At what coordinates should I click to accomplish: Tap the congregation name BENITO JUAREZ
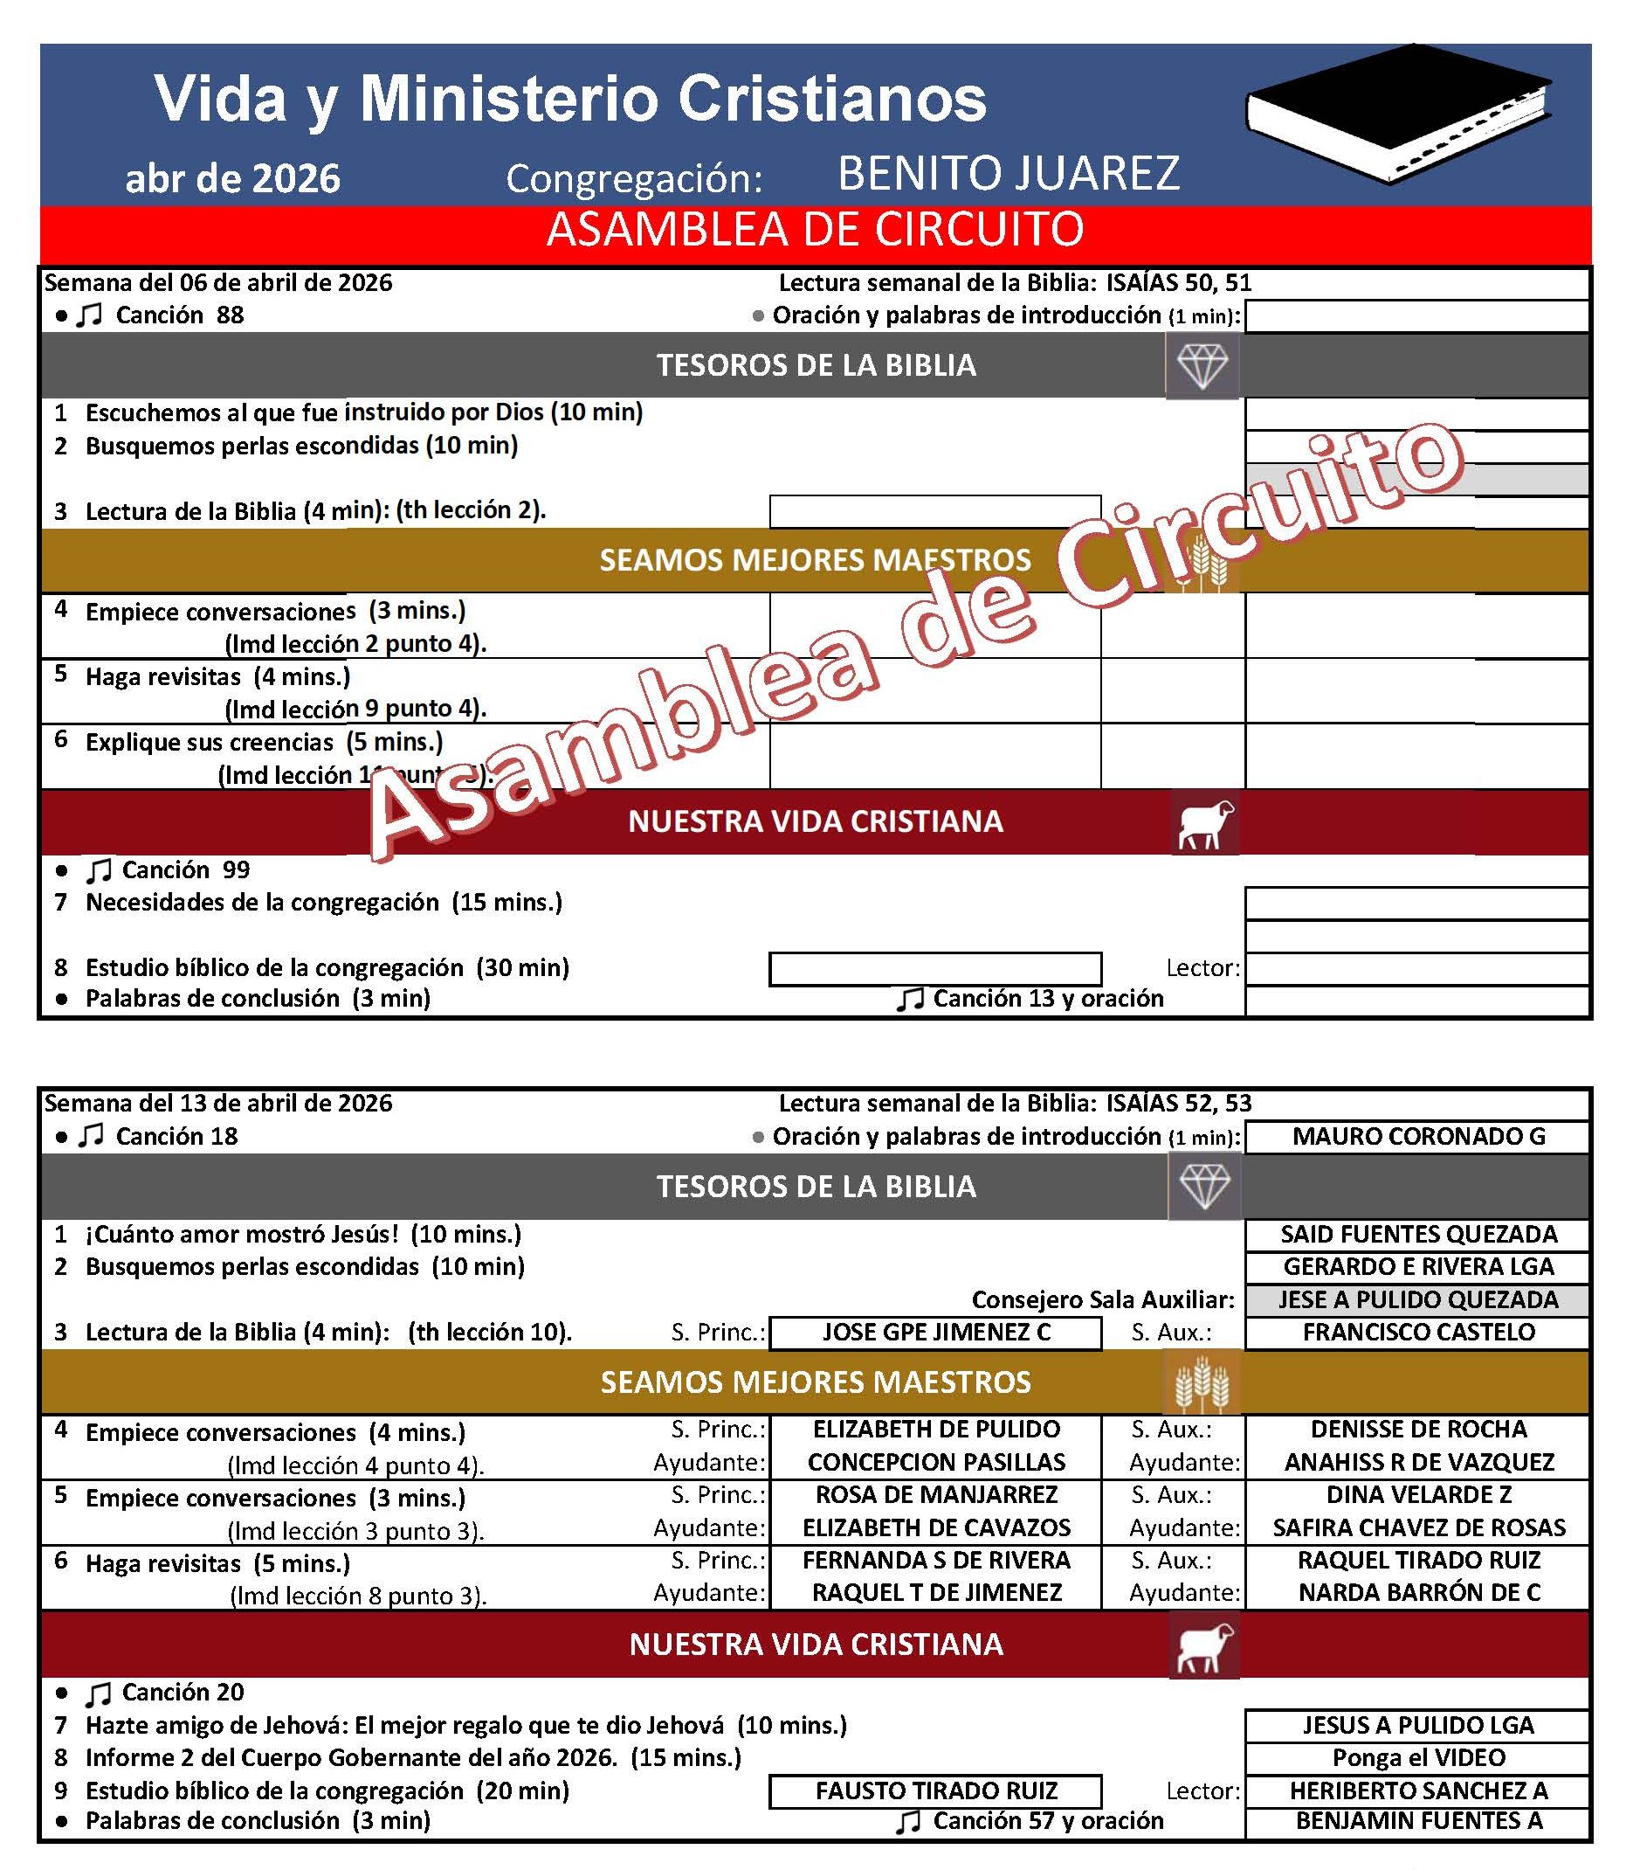coord(1008,173)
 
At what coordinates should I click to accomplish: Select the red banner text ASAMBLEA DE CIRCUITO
coord(815,230)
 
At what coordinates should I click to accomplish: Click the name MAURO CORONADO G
coord(1418,1137)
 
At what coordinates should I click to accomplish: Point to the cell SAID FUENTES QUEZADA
coord(1418,1235)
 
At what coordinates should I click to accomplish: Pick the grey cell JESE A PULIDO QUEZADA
coord(1418,1299)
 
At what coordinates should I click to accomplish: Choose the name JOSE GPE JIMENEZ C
coord(936,1332)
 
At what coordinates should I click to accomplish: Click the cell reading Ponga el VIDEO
coord(1418,1758)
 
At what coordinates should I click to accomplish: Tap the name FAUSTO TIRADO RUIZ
coord(936,1790)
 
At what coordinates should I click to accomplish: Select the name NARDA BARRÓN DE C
coord(1418,1593)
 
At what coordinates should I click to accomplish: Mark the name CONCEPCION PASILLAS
coord(936,1463)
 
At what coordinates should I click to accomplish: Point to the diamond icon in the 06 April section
coord(1202,365)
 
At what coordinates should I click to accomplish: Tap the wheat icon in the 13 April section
coord(1202,1383)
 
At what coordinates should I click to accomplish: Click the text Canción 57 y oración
coord(1048,1821)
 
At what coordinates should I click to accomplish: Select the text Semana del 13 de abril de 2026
coord(218,1104)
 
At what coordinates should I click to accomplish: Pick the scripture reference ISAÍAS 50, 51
coord(1179,282)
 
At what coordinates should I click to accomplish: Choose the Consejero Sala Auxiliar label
coord(1103,1299)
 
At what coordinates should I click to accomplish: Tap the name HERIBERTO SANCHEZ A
coord(1418,1790)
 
